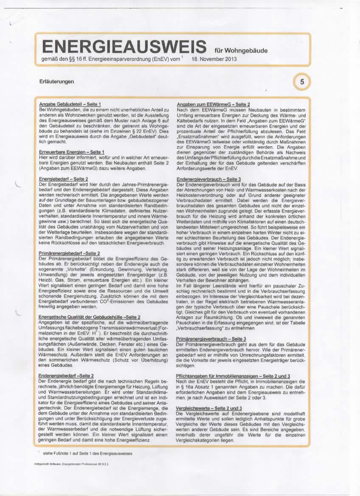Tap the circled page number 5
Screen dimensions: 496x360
302,82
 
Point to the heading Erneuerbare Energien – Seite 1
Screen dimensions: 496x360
72,152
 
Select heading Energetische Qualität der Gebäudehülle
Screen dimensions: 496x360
89,317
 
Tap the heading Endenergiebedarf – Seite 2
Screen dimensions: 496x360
66,376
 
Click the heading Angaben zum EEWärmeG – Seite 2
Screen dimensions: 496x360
213,104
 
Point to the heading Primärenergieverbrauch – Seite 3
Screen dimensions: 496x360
211,338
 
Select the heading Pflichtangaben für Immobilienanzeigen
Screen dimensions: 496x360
233,376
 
